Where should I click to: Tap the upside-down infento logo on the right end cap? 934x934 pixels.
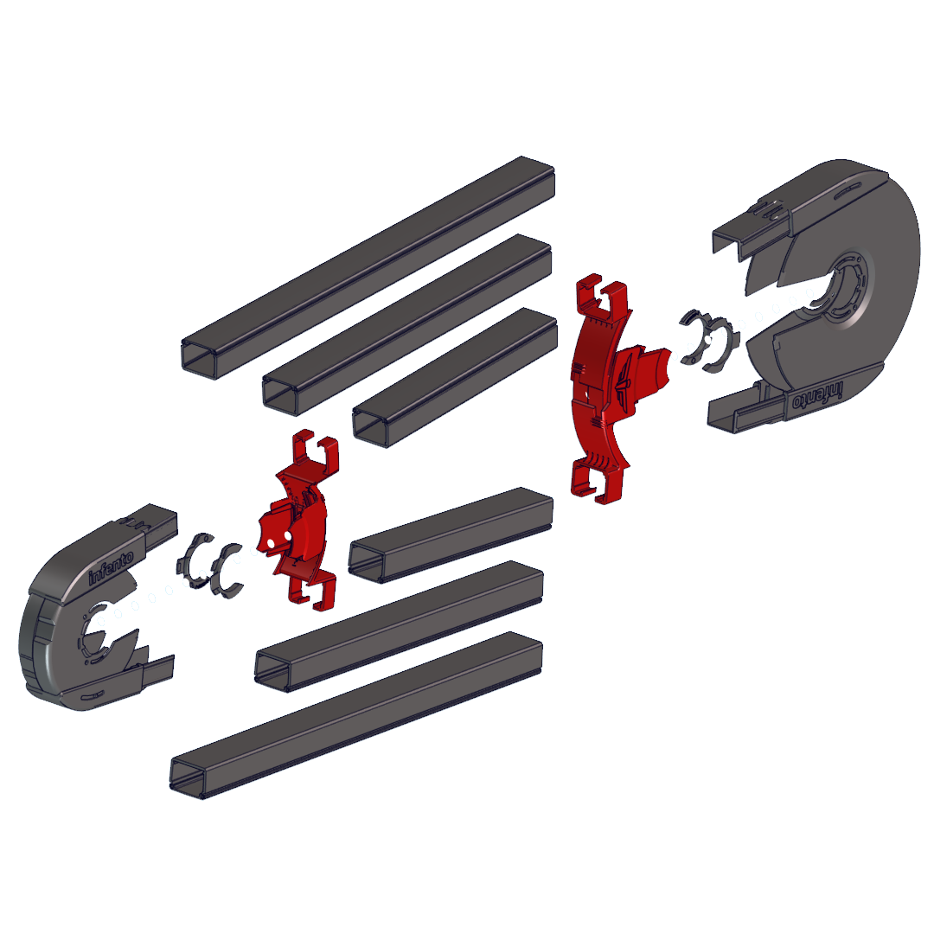click(x=818, y=395)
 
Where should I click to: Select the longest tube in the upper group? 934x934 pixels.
click(x=368, y=267)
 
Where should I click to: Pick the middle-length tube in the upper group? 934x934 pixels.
click(x=406, y=324)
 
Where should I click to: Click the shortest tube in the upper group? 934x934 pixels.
click(x=455, y=377)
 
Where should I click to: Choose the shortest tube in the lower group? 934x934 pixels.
click(x=451, y=535)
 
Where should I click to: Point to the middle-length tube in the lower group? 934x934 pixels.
click(x=399, y=626)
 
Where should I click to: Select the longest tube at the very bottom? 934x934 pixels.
click(x=356, y=715)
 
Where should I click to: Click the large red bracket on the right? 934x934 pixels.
click(x=613, y=388)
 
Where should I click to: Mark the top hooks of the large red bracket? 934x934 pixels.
click(x=602, y=295)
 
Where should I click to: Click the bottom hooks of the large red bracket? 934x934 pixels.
click(x=598, y=479)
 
